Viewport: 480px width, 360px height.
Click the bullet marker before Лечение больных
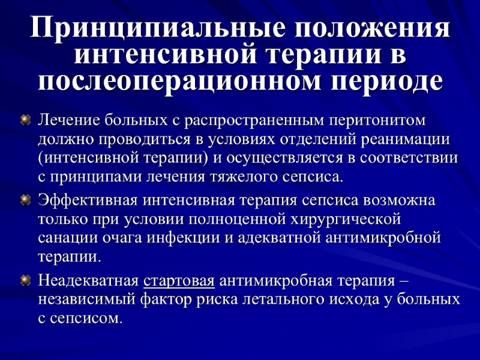point(25,121)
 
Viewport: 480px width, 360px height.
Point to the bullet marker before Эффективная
point(25,199)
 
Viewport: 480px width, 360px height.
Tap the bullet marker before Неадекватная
point(25,280)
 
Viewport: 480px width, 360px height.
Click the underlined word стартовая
point(179,280)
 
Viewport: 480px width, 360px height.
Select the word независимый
point(88,299)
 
